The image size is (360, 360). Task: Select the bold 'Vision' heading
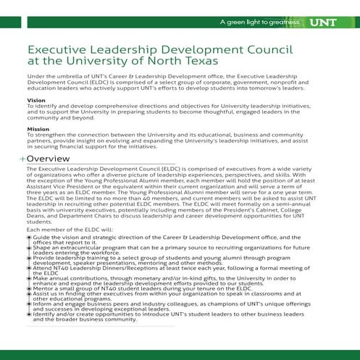(35, 100)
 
